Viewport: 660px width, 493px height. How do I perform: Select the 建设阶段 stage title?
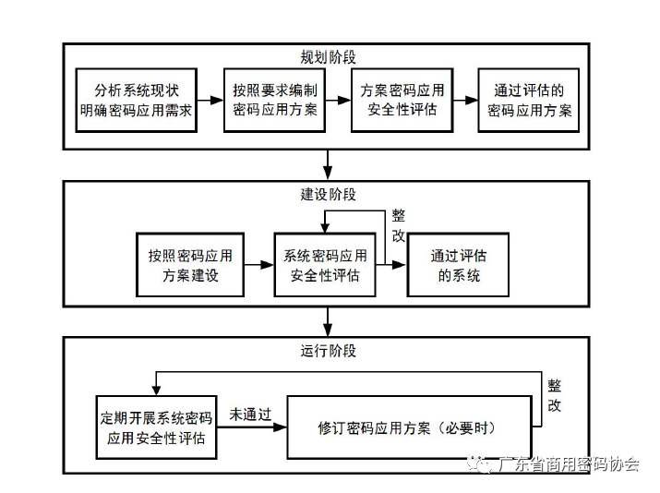coord(329,195)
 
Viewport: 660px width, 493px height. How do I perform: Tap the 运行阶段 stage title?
coord(329,351)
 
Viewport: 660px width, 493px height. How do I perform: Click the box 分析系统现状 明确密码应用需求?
coord(136,100)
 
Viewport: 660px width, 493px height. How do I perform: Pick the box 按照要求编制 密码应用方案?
coord(275,100)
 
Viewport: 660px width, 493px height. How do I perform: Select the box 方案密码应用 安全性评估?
coord(400,100)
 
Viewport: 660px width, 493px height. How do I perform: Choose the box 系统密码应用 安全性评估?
coord(325,265)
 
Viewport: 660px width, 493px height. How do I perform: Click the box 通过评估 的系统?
coord(459,265)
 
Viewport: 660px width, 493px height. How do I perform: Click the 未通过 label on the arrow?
coord(250,415)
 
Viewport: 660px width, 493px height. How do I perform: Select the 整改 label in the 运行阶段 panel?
coord(554,395)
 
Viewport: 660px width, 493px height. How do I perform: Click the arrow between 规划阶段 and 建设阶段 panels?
coord(329,163)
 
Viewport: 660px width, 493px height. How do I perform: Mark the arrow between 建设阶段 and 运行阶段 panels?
coord(329,320)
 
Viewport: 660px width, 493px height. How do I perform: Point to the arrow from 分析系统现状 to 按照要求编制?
coord(210,100)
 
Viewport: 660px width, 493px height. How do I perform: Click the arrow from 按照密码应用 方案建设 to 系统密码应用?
coord(258,265)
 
